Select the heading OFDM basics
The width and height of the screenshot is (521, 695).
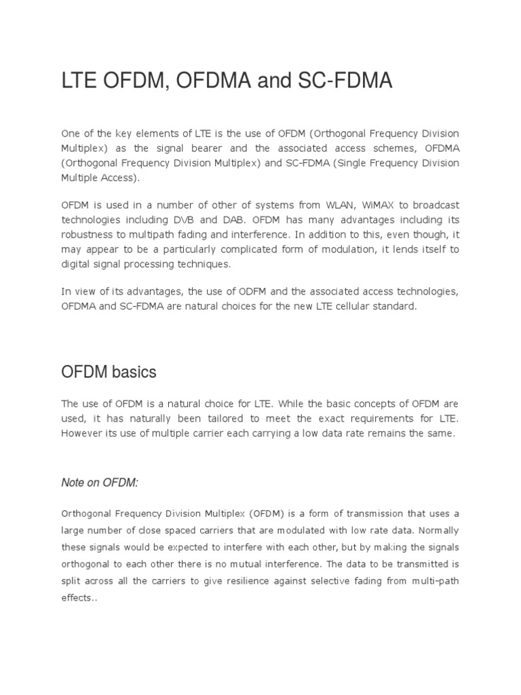[109, 372]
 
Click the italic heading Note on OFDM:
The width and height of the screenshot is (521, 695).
[100, 482]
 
